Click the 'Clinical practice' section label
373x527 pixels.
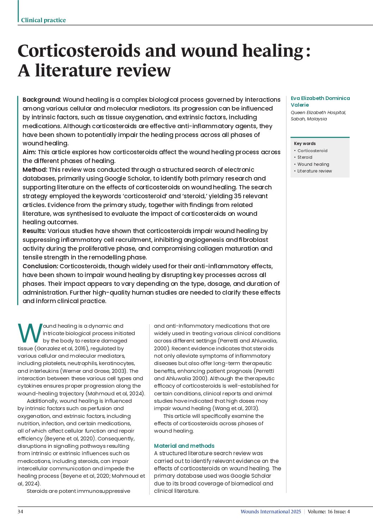43,20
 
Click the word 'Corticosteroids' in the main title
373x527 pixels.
79,51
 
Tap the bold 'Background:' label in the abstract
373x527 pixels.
42,100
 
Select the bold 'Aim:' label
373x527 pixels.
29,152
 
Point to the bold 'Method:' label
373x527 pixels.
35,170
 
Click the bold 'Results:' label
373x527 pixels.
34,231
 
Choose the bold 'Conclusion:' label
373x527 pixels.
40,266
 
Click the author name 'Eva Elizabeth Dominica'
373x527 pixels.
320,98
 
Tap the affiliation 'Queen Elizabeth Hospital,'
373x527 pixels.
318,112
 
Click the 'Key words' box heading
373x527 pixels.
305,143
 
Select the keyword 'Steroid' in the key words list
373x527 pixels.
305,157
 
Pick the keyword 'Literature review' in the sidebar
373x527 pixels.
314,171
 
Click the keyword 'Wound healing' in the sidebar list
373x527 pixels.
313,164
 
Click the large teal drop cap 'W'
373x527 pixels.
30,333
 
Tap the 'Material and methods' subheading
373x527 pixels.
184,446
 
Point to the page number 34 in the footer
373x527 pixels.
20,512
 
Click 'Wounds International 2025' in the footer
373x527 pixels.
271,512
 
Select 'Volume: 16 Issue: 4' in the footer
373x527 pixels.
329,512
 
